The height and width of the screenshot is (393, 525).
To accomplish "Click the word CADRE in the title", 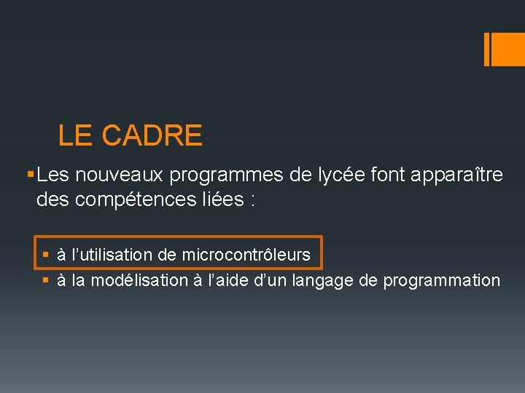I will pyautogui.click(x=152, y=135).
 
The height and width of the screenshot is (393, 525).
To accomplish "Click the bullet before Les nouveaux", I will pyautogui.click(x=28, y=175).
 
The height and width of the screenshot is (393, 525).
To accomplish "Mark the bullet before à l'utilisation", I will pyautogui.click(x=45, y=255).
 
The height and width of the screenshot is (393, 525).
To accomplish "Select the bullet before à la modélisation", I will pyautogui.click(x=45, y=280).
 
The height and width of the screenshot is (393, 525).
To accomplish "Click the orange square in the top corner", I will pyautogui.click(x=509, y=49).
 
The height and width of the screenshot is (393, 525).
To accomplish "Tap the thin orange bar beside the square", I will pyautogui.click(x=487, y=49).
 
